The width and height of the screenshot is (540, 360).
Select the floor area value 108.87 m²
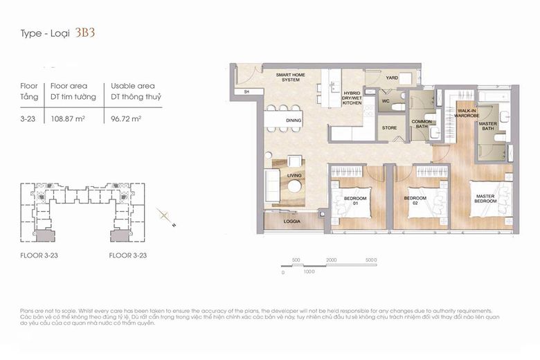coord(66,119)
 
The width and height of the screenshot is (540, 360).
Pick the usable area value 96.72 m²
coord(125,119)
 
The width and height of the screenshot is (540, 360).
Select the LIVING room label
coord(294,176)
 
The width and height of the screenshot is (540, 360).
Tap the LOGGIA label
coord(291,222)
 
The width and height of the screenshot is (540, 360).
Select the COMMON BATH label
coord(422,125)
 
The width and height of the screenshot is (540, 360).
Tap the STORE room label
coord(389,127)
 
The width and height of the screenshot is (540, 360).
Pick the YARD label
coord(392,78)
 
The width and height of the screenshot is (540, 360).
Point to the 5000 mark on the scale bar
coord(371,260)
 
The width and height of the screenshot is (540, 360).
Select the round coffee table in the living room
coord(295,186)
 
